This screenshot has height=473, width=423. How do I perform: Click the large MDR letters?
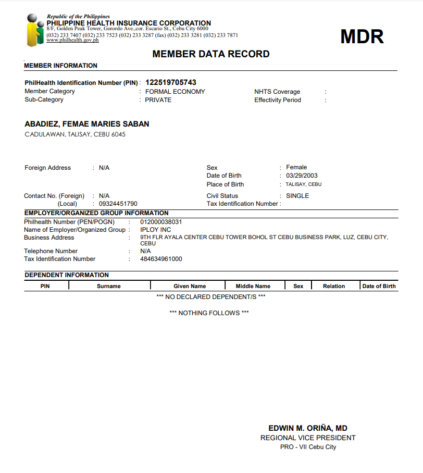[x=362, y=36]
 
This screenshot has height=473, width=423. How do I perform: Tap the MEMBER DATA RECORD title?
[x=211, y=54]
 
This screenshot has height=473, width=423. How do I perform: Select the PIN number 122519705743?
[x=171, y=82]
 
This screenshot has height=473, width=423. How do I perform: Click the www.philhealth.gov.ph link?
[x=72, y=40]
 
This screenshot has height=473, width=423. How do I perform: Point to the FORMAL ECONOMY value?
[x=175, y=92]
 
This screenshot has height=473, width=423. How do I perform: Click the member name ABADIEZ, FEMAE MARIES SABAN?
[x=87, y=124]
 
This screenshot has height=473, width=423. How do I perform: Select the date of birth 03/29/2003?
[x=302, y=176]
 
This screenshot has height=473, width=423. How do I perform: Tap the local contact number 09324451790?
[x=118, y=204]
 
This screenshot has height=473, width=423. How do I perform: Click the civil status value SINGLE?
[x=297, y=196]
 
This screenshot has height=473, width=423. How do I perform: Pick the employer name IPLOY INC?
[x=156, y=230]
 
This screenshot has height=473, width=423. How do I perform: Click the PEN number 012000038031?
[x=161, y=222]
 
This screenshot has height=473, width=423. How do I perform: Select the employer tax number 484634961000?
[x=161, y=259]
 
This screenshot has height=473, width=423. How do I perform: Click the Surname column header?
[x=109, y=286]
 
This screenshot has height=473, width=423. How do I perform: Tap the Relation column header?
[x=334, y=286]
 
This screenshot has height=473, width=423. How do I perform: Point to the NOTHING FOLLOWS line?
[x=209, y=313]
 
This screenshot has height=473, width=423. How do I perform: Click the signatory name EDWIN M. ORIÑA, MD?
[x=308, y=428]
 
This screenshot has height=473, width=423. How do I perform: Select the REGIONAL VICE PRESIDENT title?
[x=308, y=438]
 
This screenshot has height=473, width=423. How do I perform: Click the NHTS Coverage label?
[x=277, y=92]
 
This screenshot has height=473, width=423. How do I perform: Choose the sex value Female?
[x=296, y=168]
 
